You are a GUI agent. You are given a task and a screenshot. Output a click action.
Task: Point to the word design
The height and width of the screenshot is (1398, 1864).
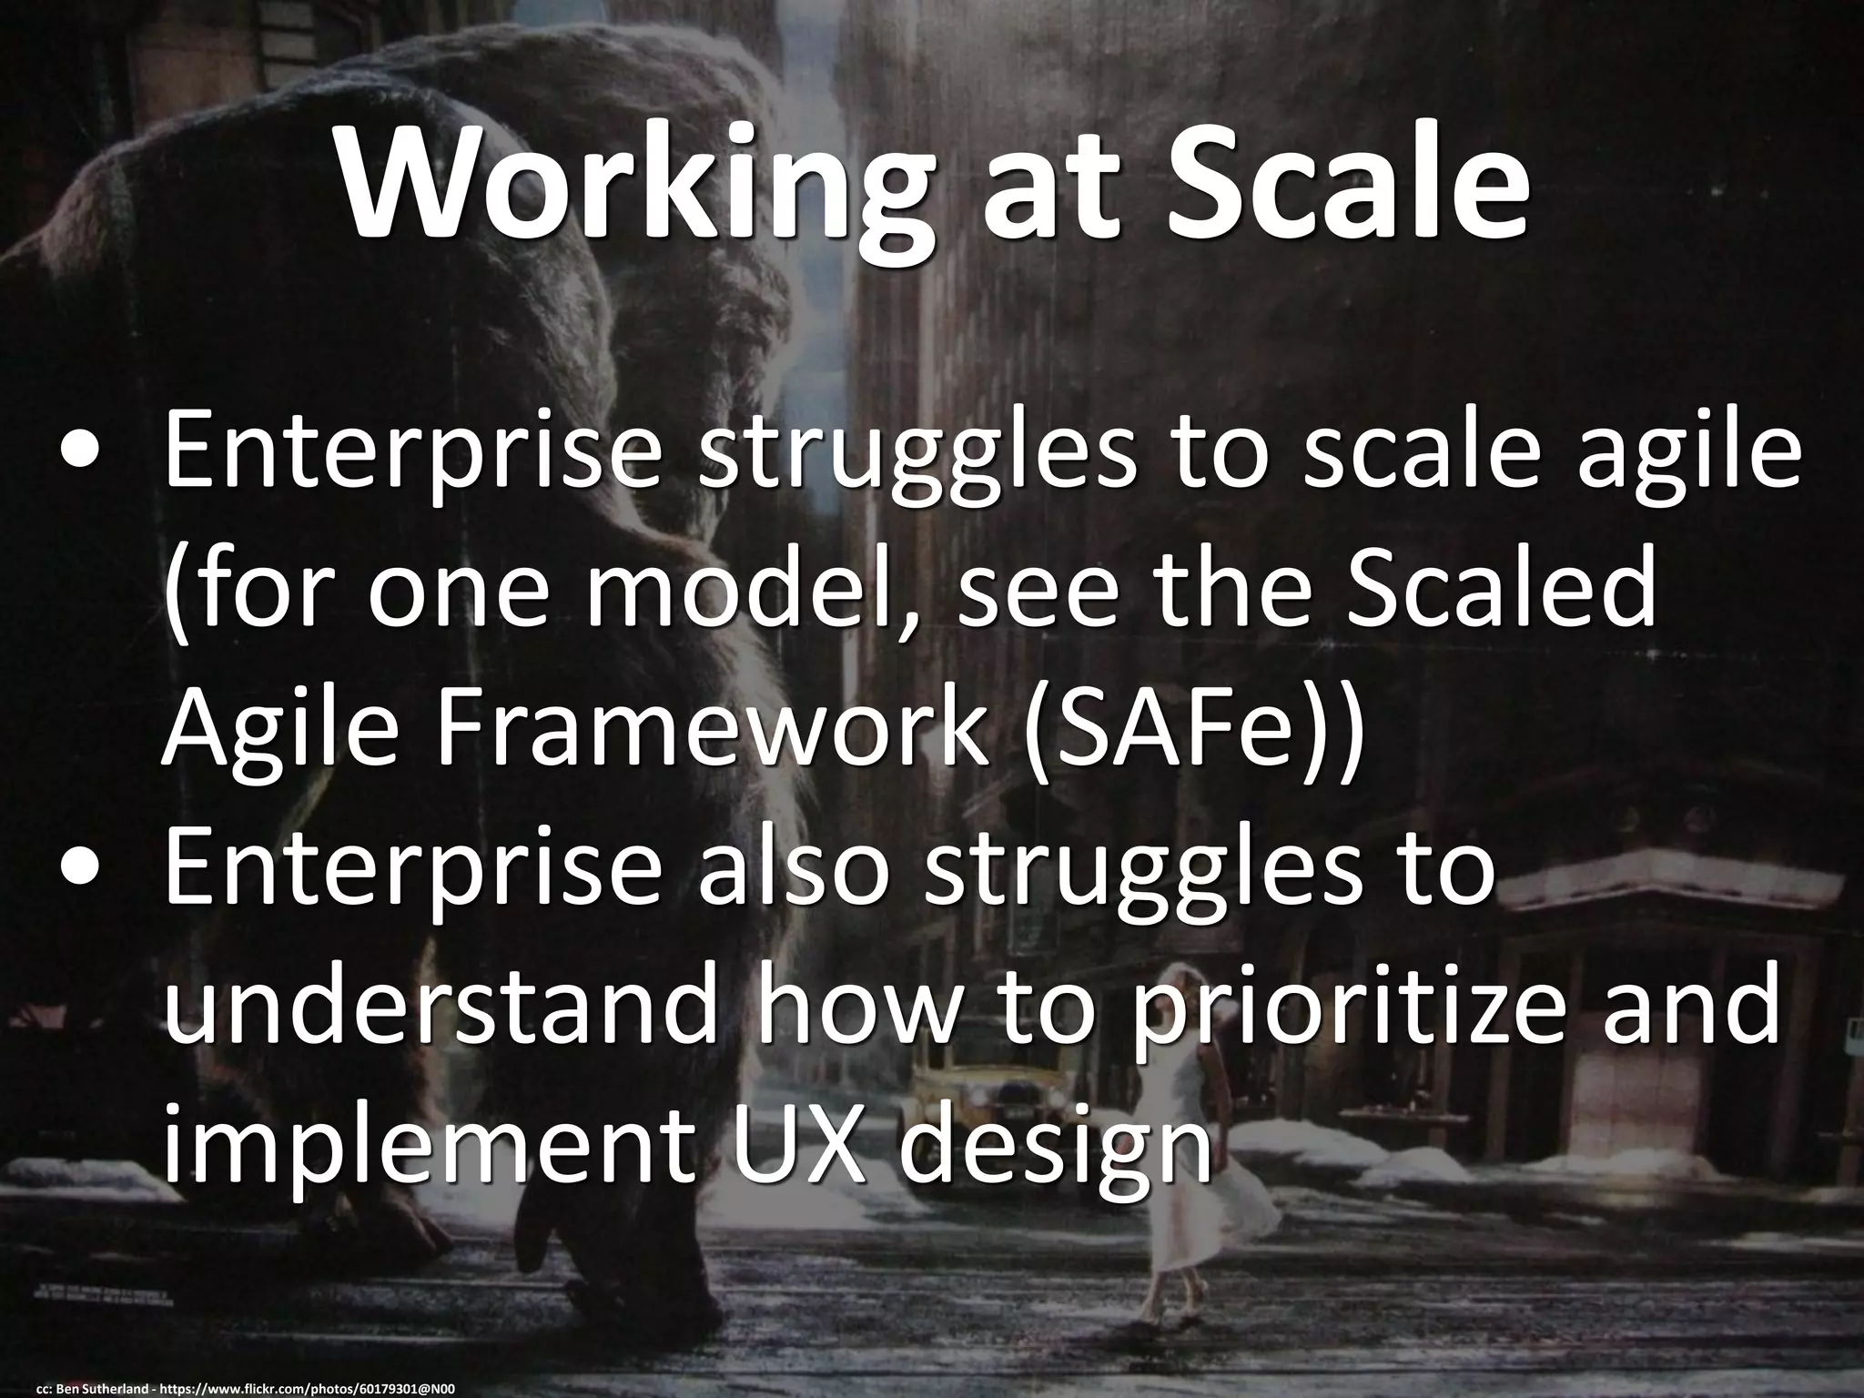1065,1147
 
